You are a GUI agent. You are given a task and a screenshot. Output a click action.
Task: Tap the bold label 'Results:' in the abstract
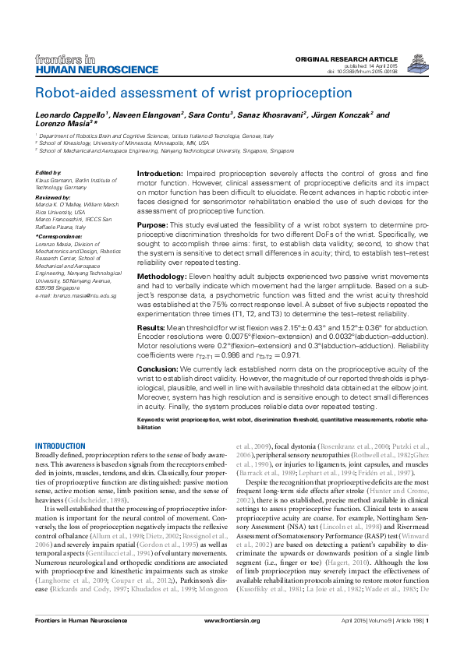(x=151, y=329)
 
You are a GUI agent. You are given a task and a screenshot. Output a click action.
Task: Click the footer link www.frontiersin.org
(x=232, y=643)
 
